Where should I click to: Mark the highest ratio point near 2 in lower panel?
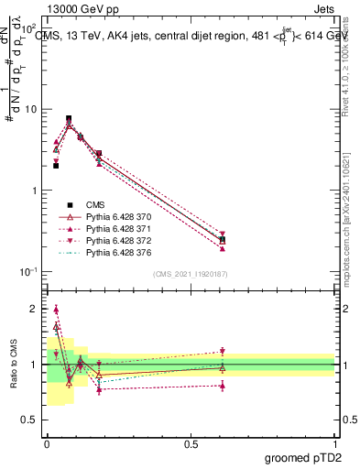[x=56, y=310]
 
